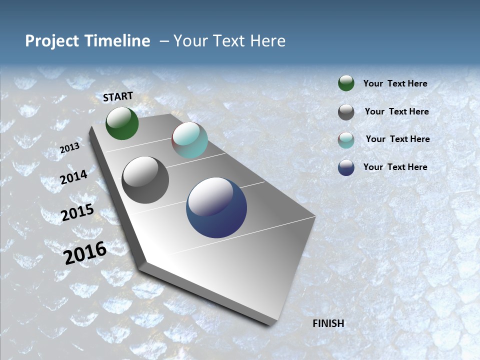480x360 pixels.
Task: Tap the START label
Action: (118, 96)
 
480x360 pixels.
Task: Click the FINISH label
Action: (328, 323)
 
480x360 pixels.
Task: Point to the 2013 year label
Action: (69, 148)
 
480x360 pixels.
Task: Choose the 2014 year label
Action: (74, 177)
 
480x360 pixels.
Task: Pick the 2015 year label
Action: (77, 213)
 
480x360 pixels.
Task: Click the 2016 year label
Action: (85, 253)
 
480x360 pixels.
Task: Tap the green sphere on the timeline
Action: (122, 123)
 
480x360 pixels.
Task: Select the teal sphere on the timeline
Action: (189, 140)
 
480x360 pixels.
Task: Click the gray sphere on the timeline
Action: (145, 180)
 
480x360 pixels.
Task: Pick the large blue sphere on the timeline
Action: (216, 207)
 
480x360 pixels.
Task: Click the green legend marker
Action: (346, 83)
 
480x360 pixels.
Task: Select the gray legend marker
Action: (346, 112)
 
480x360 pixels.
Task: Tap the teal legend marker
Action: (346, 140)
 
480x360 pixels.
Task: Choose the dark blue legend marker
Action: (346, 167)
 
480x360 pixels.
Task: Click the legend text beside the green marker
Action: (395, 83)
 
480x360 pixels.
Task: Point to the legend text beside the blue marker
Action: (395, 167)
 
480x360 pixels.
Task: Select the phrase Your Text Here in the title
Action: (229, 41)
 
